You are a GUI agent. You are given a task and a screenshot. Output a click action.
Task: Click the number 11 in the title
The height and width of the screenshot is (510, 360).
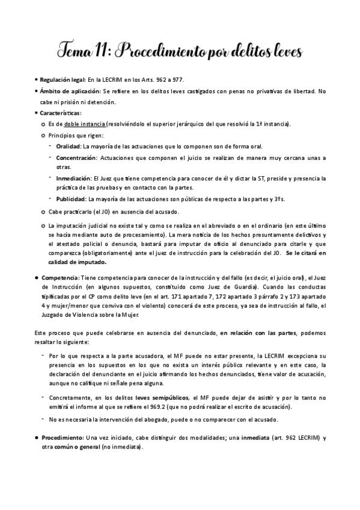point(101,52)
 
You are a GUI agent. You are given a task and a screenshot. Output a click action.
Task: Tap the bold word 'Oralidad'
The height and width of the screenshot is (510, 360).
point(69,146)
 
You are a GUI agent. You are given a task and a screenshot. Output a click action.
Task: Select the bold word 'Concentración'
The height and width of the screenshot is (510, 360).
point(76,158)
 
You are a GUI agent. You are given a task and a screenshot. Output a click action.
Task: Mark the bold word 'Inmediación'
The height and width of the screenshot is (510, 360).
point(73,179)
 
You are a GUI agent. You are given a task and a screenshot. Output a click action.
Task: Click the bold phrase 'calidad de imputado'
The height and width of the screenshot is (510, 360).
point(78,262)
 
